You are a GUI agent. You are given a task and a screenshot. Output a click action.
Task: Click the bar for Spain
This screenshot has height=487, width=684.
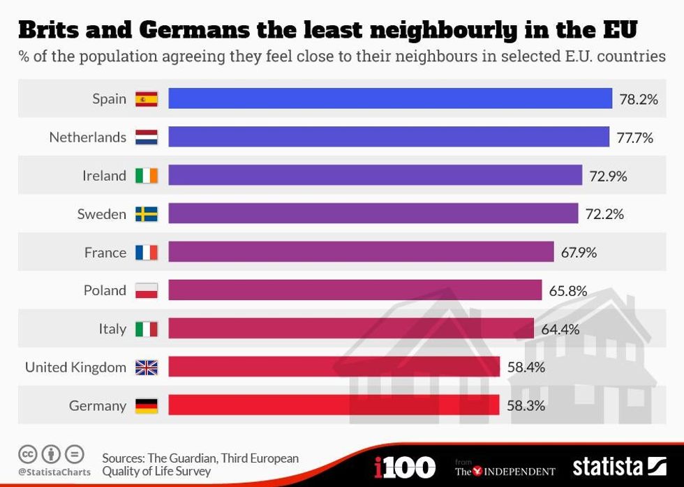pyautogui.click(x=389, y=98)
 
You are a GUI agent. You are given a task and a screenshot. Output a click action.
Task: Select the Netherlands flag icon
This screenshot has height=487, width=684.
pyautogui.click(x=147, y=137)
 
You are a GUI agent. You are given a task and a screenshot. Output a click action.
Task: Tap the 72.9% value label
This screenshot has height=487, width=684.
pyautogui.click(x=608, y=176)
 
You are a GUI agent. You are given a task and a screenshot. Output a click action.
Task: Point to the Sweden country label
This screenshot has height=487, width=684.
pyautogui.click(x=102, y=214)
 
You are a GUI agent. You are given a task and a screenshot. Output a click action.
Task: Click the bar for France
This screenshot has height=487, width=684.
pyautogui.click(x=361, y=252)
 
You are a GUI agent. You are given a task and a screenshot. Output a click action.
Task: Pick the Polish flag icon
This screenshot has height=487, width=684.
pyautogui.click(x=147, y=290)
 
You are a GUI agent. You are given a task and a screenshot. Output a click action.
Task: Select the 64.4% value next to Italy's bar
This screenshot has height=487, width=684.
pyautogui.click(x=560, y=329)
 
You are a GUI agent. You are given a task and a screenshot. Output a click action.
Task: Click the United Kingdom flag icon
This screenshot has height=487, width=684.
pyautogui.click(x=147, y=367)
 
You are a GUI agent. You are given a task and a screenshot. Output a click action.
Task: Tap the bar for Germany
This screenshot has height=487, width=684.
pyautogui.click(x=334, y=405)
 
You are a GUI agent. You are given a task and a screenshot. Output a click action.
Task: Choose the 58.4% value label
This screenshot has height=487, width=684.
pyautogui.click(x=526, y=367)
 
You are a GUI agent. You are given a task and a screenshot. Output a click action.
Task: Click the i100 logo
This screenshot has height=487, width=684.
pyautogui.click(x=404, y=467)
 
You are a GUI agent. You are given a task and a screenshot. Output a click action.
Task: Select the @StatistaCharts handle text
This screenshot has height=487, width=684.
pyautogui.click(x=54, y=472)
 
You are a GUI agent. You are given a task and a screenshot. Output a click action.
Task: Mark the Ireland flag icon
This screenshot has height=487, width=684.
pyautogui.click(x=147, y=176)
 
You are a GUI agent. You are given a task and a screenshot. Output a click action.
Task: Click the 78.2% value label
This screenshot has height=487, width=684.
pyautogui.click(x=639, y=99)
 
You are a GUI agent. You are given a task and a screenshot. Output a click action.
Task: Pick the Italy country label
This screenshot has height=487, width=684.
pyautogui.click(x=112, y=329)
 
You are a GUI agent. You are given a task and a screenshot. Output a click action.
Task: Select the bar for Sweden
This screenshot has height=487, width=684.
pyautogui.click(x=373, y=213)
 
